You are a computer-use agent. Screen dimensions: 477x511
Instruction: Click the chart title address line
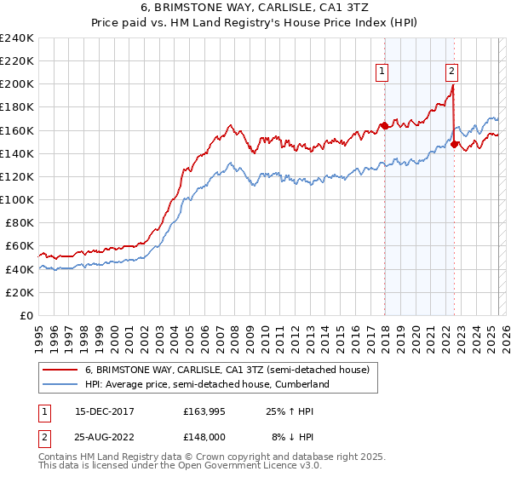pyautogui.click(x=255, y=8)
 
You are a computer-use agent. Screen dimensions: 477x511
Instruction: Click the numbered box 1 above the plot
pyautogui.click(x=382, y=72)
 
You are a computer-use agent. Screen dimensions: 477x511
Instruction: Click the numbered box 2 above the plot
pyautogui.click(x=451, y=72)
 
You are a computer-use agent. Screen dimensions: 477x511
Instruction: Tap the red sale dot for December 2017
pyautogui.click(x=384, y=126)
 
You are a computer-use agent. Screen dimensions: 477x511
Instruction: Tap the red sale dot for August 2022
pyautogui.click(x=454, y=144)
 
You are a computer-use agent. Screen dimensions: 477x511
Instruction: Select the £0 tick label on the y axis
pyautogui.click(x=26, y=315)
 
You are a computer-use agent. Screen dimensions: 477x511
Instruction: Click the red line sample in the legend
pyautogui.click(x=60, y=370)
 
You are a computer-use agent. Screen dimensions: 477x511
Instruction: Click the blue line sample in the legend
pyautogui.click(x=60, y=384)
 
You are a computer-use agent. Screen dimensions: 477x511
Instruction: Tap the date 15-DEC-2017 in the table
pyautogui.click(x=106, y=411)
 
